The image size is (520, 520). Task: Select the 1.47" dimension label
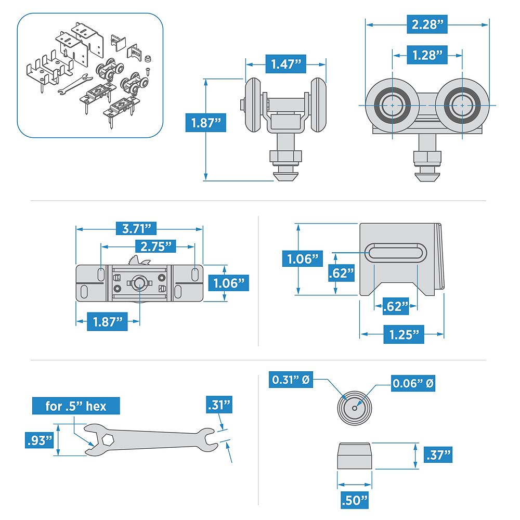coord(285,64)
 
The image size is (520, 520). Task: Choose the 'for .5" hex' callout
coord(76,406)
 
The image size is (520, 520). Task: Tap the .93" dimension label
coord(40,440)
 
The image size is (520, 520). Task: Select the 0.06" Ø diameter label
coord(414,384)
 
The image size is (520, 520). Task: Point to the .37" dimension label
coord(437,456)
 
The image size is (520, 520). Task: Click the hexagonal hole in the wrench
coord(108,439)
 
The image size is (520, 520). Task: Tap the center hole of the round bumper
coord(355,408)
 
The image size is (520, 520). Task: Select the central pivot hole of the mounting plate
coord(139,282)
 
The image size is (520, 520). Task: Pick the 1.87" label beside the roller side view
coord(206,123)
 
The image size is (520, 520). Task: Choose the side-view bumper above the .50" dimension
coord(355,456)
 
